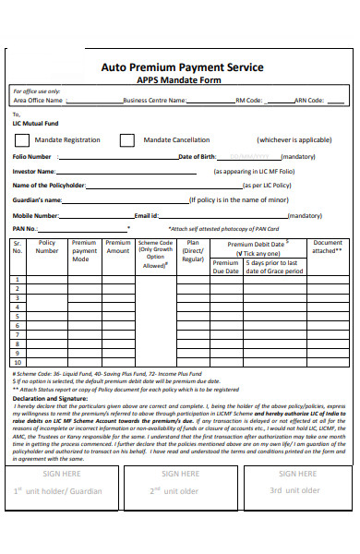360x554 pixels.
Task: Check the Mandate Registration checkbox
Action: pyautogui.click(x=21, y=140)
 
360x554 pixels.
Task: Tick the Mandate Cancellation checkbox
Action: pyautogui.click(x=132, y=140)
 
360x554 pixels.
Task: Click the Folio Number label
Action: pyautogui.click(x=32, y=157)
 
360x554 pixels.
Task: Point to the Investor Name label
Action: pyautogui.click(x=34, y=172)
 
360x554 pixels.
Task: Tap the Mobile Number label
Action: pyautogui.click(x=36, y=215)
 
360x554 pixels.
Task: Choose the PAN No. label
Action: pyautogui.click(x=25, y=228)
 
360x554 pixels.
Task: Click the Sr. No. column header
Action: pyautogui.click(x=17, y=247)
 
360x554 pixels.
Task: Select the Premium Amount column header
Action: pyautogui.click(x=118, y=247)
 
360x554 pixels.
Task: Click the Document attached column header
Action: pyautogui.click(x=328, y=247)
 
